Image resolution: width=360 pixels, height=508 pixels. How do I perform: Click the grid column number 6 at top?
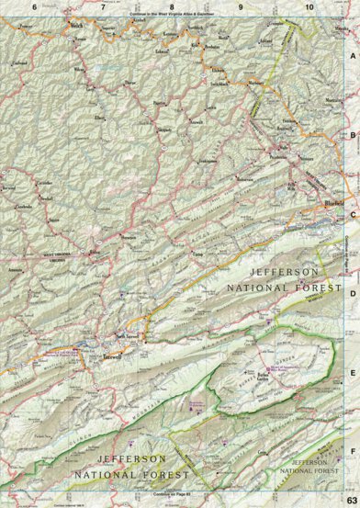tap(34, 6)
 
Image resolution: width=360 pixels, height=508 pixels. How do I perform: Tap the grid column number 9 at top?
tap(241, 6)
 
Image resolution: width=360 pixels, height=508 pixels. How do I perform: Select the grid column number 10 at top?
tap(309, 6)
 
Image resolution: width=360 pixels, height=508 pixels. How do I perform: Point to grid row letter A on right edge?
tap(351, 54)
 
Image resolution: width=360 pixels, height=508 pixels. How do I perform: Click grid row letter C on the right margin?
tap(351, 213)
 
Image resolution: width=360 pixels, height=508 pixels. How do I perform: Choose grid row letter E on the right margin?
tap(351, 373)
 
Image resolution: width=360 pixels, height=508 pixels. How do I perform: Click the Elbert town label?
tap(99, 118)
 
